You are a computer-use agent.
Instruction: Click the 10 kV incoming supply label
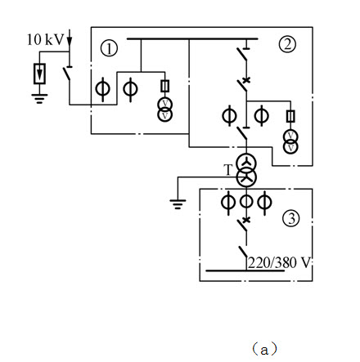45,39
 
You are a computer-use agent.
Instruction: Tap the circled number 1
109,48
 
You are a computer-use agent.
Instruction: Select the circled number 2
287,44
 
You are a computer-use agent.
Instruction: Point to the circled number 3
291,218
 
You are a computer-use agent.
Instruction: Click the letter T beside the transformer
228,170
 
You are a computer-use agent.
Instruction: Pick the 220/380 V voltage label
280,262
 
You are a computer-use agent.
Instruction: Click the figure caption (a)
264,350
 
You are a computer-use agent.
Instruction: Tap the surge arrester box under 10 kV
39,74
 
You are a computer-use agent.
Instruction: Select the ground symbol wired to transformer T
178,204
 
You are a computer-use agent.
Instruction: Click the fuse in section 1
165,86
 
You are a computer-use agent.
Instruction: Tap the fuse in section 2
290,116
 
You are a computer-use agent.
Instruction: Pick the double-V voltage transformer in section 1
165,109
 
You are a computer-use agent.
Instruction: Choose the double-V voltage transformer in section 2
290,141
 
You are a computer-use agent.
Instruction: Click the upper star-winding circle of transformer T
246,163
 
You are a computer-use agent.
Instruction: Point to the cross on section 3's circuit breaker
246,220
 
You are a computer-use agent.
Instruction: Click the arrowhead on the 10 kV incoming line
70,42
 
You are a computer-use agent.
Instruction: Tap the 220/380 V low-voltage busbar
245,270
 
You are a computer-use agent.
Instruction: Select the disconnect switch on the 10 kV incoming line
67,73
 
